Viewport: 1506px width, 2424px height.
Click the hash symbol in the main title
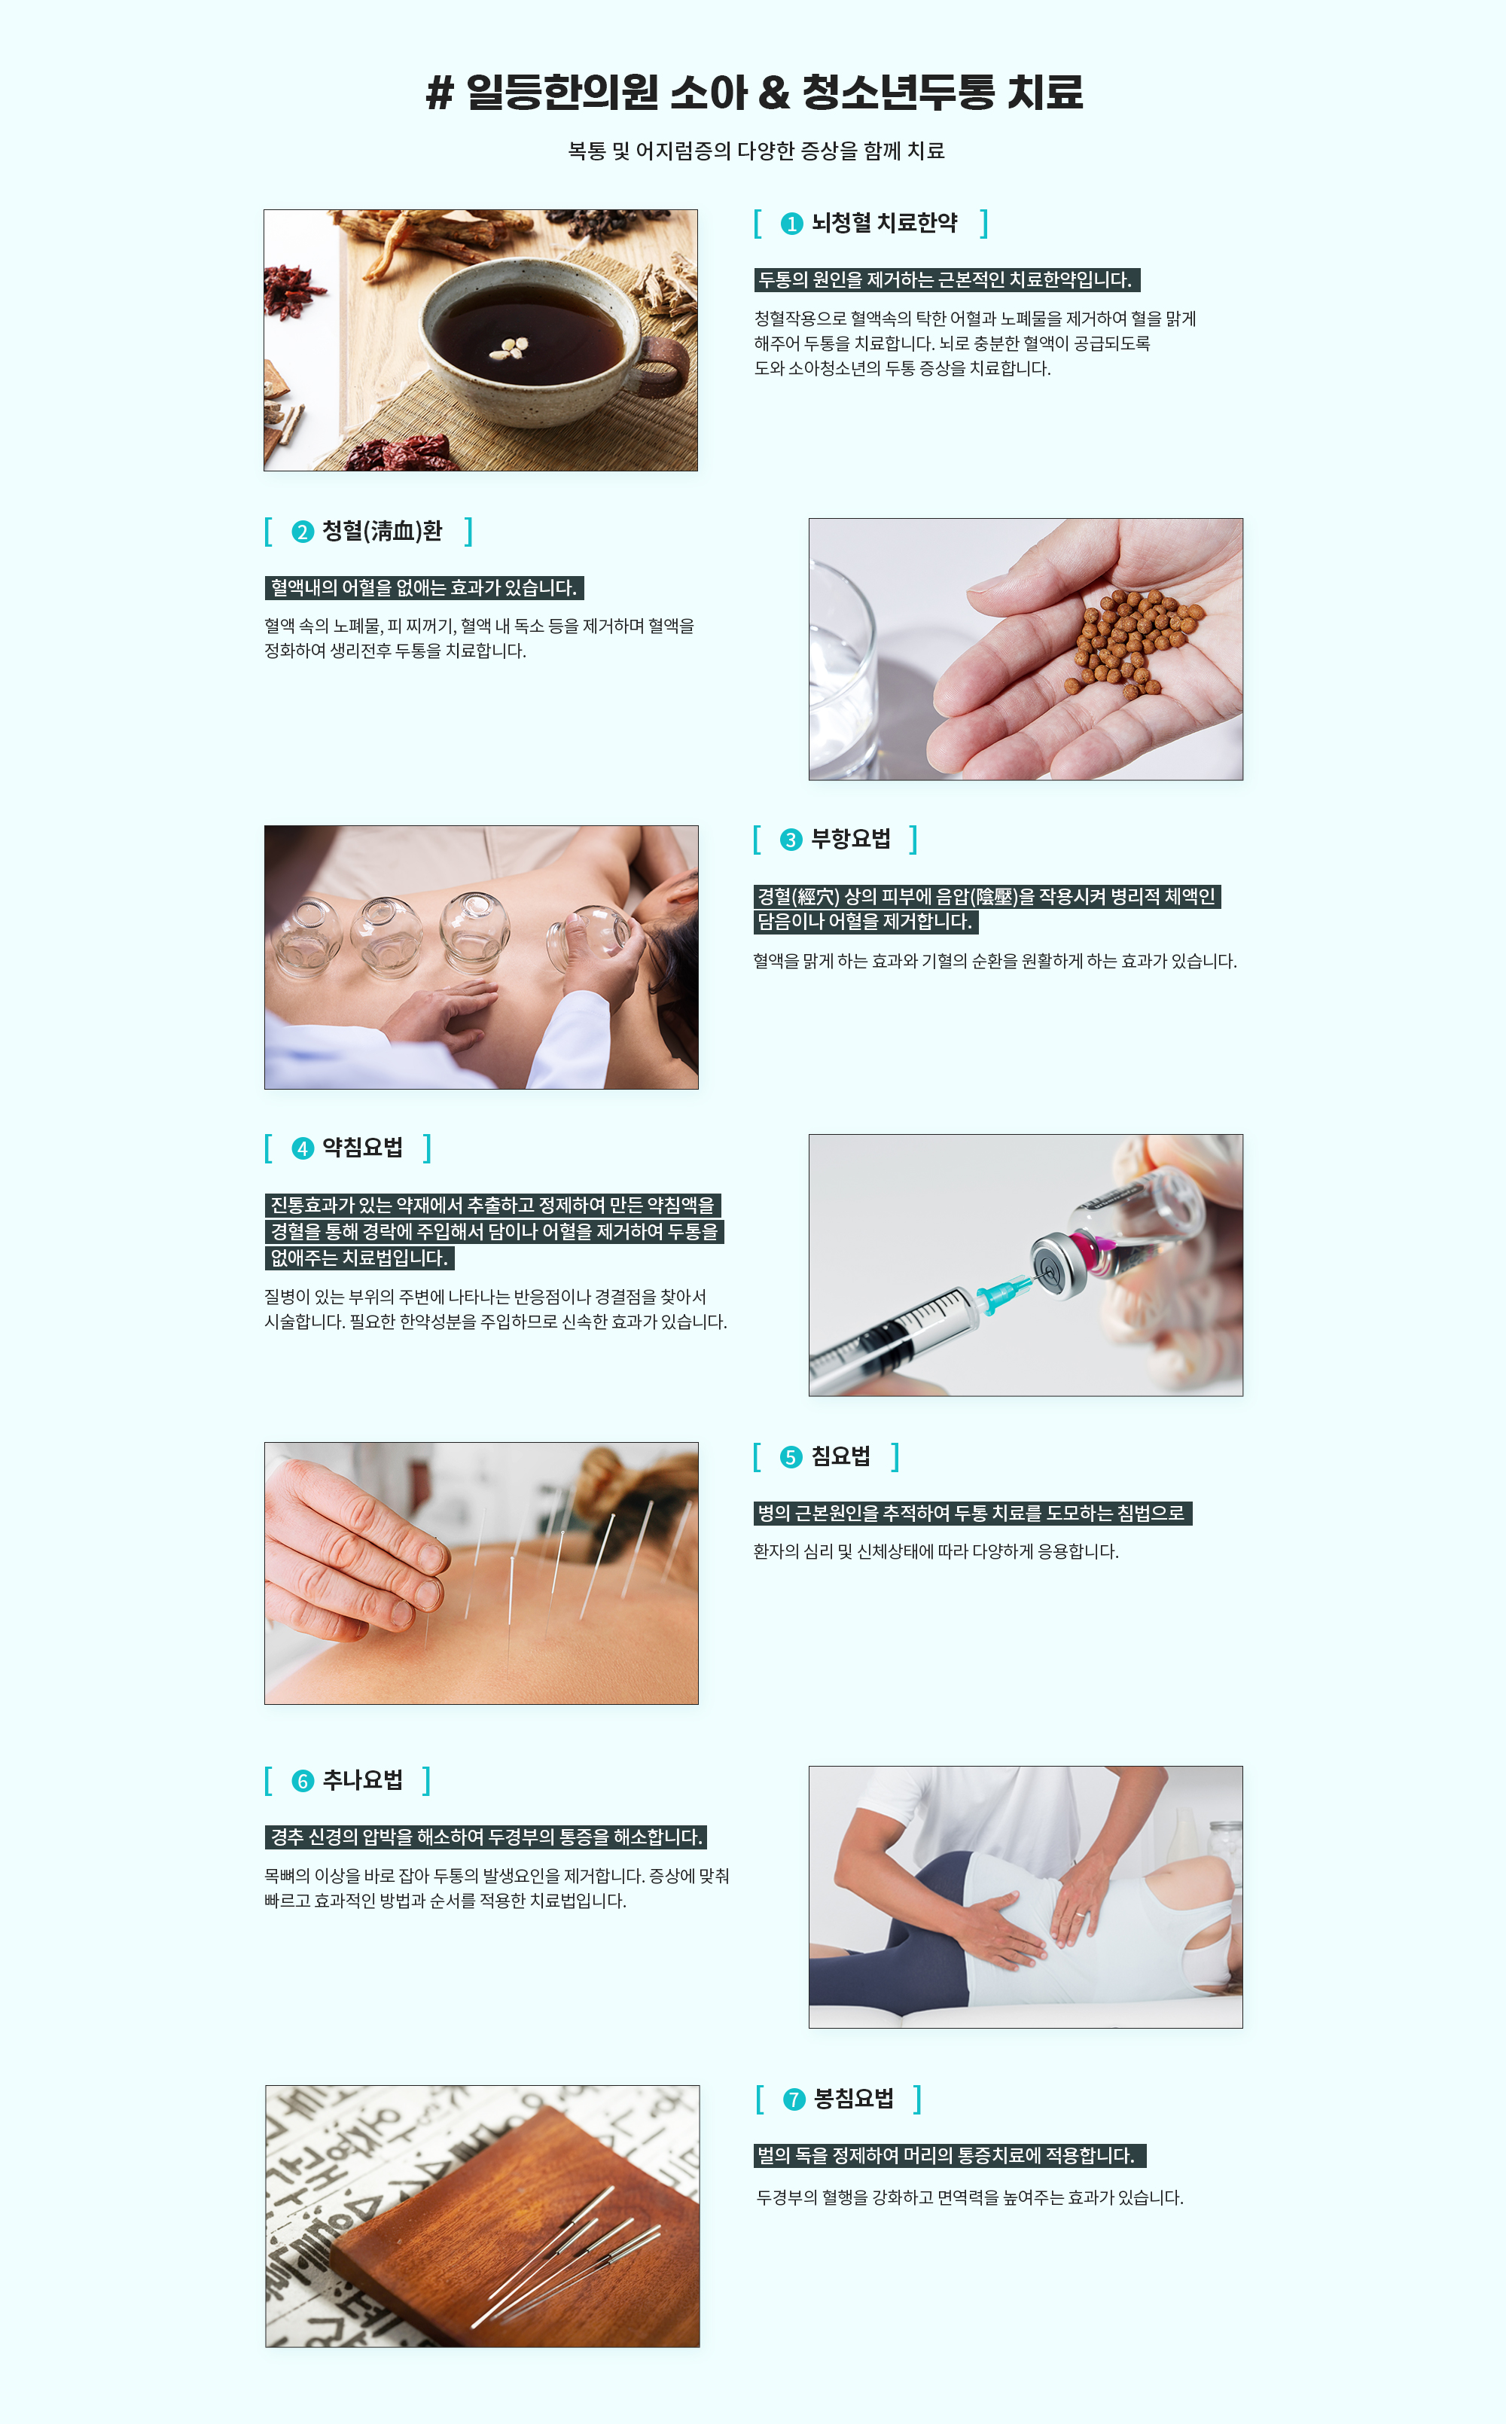click(x=439, y=93)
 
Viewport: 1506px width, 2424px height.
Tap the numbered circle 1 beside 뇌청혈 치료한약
click(x=792, y=224)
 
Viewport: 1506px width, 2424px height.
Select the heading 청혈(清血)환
click(x=383, y=532)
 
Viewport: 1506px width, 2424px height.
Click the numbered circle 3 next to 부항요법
click(x=791, y=840)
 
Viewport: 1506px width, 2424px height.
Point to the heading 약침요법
click(x=362, y=1148)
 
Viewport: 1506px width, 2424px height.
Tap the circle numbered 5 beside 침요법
click(x=791, y=1458)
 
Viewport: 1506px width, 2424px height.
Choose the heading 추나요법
click(x=362, y=1781)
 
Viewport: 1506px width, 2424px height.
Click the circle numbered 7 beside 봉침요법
click(x=794, y=2100)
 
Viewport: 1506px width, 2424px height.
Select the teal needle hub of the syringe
click(x=1000, y=1294)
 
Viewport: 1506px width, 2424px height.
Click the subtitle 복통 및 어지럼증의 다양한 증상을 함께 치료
click(x=756, y=151)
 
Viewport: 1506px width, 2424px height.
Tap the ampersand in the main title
click(x=774, y=93)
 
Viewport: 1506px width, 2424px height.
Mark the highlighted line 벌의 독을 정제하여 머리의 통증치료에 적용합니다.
click(x=950, y=2156)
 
